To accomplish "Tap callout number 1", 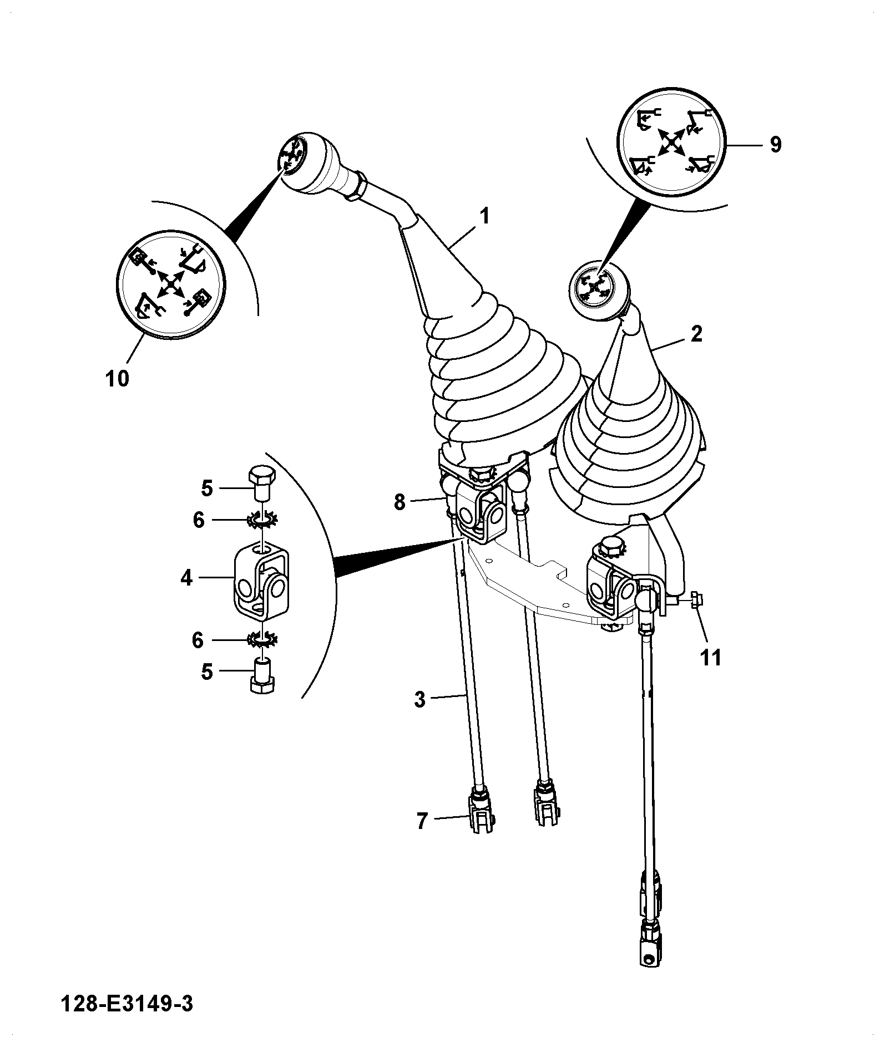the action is click(x=484, y=216).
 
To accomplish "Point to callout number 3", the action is click(x=420, y=699).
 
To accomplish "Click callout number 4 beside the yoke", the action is click(x=186, y=578).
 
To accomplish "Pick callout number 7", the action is click(x=422, y=821).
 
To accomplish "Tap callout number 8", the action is click(x=400, y=502).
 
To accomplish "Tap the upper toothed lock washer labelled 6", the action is click(x=262, y=519).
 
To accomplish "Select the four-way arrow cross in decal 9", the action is click(x=671, y=142).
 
